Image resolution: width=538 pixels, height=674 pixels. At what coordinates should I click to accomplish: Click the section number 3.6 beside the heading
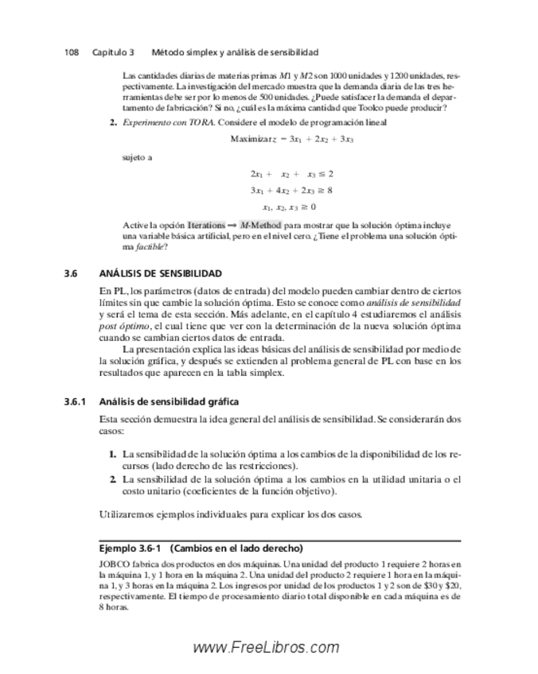[70, 273]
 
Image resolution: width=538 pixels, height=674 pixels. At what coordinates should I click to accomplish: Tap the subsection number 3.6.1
[76, 401]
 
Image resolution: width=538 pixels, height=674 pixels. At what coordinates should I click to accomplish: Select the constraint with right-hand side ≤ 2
[291, 173]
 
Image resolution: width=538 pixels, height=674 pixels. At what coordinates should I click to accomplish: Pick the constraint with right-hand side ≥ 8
[291, 190]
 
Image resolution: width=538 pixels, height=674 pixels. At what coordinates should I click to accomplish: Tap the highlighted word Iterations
[206, 226]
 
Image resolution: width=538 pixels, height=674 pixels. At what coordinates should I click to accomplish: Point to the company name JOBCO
[113, 563]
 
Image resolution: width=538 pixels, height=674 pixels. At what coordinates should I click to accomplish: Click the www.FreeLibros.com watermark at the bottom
[267, 648]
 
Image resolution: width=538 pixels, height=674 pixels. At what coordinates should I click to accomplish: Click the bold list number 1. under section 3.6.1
[112, 454]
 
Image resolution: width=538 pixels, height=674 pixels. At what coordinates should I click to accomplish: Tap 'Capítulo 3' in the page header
[112, 52]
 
